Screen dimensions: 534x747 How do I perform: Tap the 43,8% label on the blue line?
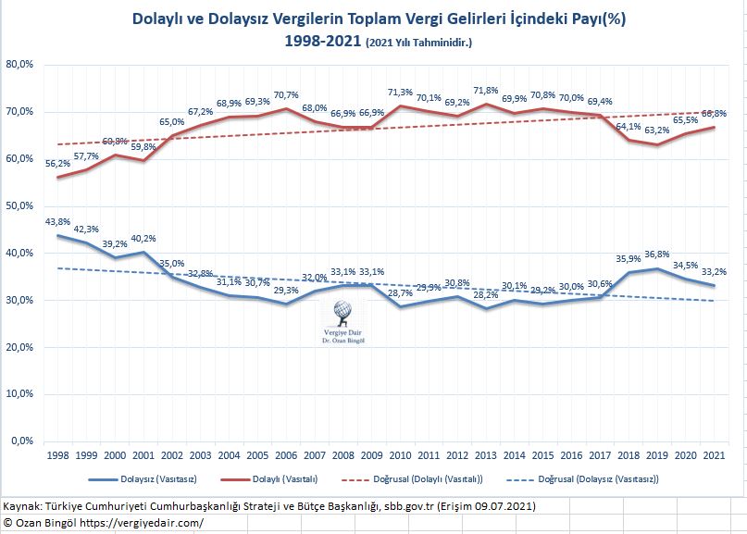pos(56,221)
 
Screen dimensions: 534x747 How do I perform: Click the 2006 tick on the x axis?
pos(285,456)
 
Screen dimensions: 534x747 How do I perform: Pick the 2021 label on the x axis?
pos(714,456)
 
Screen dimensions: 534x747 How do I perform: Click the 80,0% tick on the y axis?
pos(20,65)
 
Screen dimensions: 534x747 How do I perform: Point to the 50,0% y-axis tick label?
pos(20,205)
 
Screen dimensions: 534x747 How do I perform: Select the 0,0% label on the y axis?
pos(23,441)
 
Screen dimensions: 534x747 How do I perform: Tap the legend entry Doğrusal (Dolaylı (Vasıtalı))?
pos(426,479)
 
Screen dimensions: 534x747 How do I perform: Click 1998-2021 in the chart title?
pos(323,41)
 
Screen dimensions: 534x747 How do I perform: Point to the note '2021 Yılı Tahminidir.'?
pos(418,43)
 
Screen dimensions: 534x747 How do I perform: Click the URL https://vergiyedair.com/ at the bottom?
pos(148,523)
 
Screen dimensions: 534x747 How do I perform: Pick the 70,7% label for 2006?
pos(285,95)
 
